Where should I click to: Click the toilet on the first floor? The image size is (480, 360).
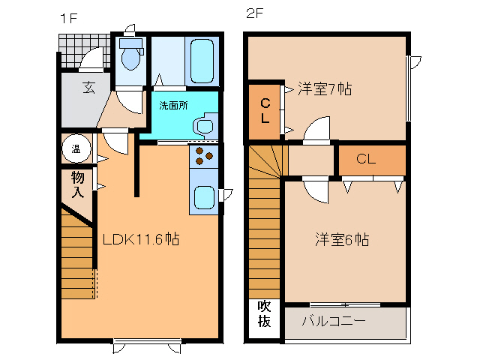click(132, 54)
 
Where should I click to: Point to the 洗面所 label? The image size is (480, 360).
click(173, 106)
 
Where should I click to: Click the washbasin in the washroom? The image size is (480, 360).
click(204, 125)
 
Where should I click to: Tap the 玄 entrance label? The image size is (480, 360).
click(88, 88)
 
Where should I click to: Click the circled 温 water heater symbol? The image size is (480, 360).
click(76, 148)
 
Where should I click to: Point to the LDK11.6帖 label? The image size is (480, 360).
click(140, 240)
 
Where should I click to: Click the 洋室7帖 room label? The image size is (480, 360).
click(325, 88)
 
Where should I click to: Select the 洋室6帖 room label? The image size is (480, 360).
click(341, 240)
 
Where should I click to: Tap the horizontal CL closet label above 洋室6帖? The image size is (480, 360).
click(366, 159)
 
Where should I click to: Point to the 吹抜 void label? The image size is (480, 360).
click(264, 314)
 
